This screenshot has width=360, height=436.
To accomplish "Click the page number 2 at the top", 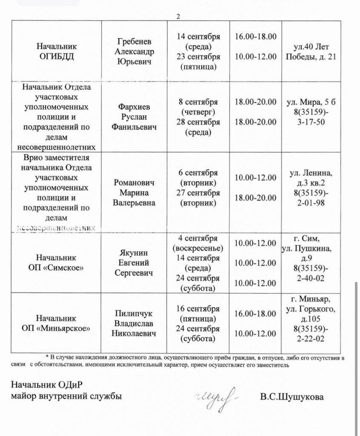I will (x=178, y=16).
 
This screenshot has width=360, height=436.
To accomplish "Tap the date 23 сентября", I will (x=198, y=57).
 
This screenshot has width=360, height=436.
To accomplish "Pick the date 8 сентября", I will (x=198, y=102).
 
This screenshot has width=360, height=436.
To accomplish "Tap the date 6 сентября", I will (x=198, y=173).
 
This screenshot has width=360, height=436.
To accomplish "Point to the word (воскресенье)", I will (x=198, y=248).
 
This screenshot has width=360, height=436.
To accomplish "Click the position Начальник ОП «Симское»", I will (x=56, y=263).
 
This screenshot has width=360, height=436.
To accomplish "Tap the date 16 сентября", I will (x=198, y=309).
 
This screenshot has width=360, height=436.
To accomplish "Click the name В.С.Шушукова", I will (x=292, y=397).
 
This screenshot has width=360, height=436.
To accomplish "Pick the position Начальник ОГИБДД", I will (x=56, y=52).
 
